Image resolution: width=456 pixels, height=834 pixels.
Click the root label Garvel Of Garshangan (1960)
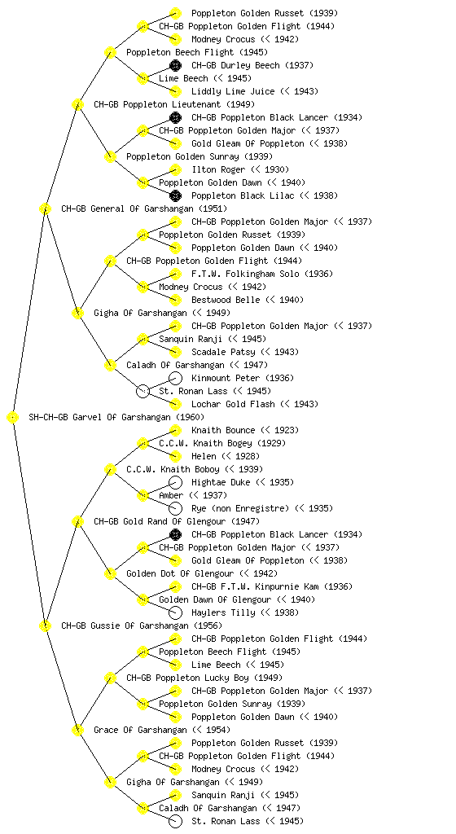coord(116,418)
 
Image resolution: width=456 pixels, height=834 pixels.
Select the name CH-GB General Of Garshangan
coord(127,209)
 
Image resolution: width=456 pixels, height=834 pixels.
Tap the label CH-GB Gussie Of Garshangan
coord(125,626)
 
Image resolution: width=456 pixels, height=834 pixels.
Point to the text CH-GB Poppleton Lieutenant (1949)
coord(174,105)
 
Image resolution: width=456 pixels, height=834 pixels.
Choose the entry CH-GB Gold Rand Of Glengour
coord(160,522)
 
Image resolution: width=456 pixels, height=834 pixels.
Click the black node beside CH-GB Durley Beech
coord(175,65)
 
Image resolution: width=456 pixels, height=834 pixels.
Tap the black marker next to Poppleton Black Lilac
coord(175,195)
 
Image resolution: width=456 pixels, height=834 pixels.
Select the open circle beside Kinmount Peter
coord(175,378)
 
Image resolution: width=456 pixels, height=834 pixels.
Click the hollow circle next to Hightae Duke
coord(175,482)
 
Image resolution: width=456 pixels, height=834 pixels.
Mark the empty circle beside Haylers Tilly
coord(175,612)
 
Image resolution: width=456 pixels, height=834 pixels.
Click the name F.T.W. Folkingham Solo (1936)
coord(262,274)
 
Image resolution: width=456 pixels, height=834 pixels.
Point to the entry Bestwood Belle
coord(226,300)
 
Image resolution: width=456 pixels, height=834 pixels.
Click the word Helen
coord(204,456)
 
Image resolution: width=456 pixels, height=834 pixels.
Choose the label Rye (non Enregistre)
coord(240,508)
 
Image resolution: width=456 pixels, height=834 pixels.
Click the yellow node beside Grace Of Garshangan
coord(77,731)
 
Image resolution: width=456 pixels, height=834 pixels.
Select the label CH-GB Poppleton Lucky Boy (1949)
coord(204,678)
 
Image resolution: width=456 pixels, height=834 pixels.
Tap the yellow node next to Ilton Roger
coord(175,169)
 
